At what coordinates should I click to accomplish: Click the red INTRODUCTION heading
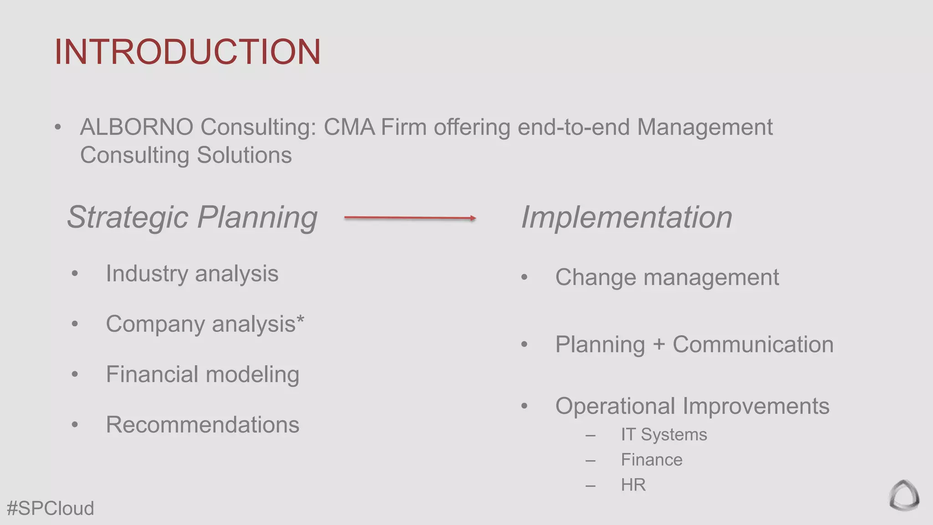(x=187, y=51)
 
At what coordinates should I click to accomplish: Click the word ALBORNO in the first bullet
(x=136, y=127)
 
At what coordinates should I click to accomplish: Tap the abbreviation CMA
(x=349, y=127)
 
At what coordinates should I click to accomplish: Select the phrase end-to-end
(x=574, y=127)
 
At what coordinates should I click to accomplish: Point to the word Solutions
(x=244, y=155)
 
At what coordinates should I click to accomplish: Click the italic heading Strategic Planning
(x=192, y=217)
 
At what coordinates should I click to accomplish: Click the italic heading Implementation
(x=626, y=217)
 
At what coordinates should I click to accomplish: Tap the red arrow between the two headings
(x=410, y=218)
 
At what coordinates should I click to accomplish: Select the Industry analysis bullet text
(x=192, y=274)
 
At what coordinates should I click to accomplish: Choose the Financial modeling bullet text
(x=202, y=375)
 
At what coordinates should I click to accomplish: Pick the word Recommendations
(x=202, y=425)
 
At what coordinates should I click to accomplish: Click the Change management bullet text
(x=667, y=278)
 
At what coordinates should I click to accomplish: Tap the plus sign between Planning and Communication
(x=659, y=345)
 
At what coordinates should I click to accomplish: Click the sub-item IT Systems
(x=664, y=435)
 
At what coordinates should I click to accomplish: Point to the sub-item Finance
(x=651, y=460)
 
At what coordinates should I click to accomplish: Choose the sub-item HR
(x=633, y=485)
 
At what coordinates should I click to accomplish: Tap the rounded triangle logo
(x=904, y=495)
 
